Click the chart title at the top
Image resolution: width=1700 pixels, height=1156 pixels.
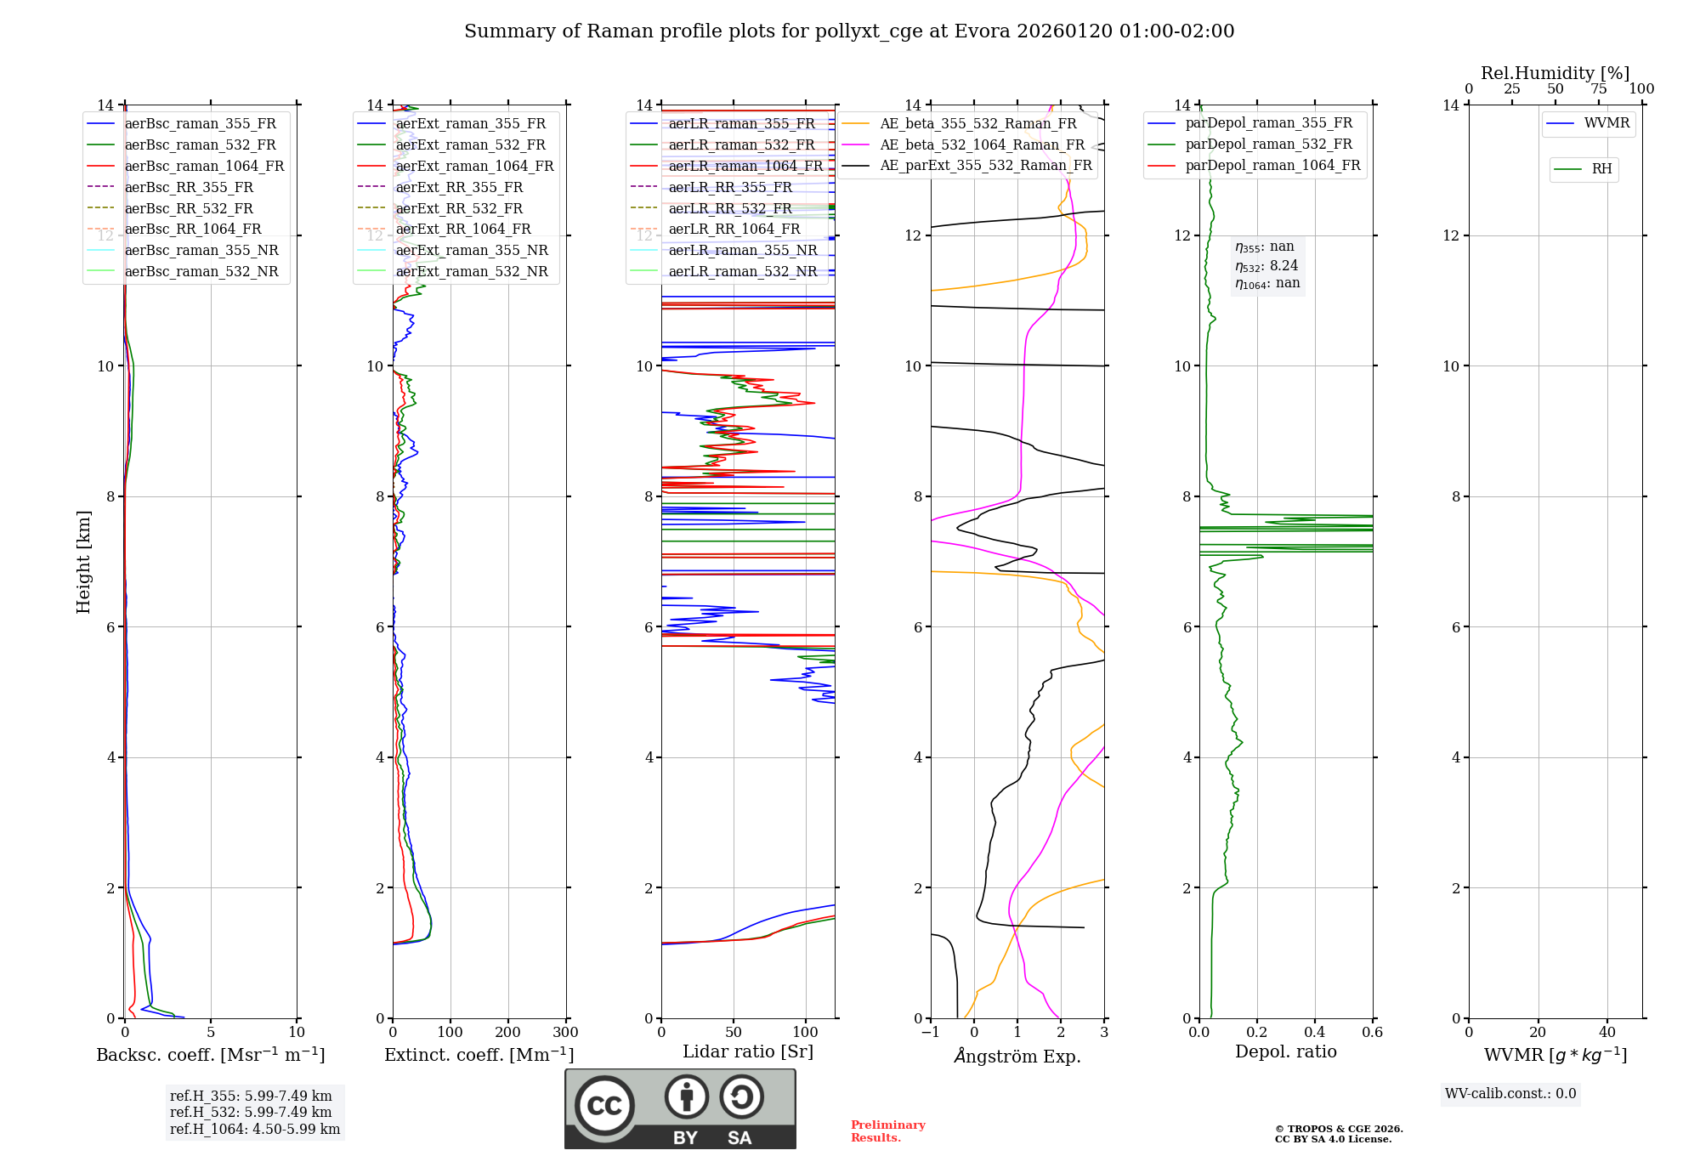pyautogui.click(x=849, y=31)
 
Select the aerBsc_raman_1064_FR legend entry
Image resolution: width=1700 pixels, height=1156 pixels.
pyautogui.click(x=204, y=166)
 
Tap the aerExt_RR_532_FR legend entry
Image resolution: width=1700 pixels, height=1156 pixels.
pyautogui.click(x=459, y=208)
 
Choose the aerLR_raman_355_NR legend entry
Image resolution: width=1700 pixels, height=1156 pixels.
pyautogui.click(x=742, y=250)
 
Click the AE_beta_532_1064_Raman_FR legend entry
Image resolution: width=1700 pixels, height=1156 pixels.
pyautogui.click(x=982, y=144)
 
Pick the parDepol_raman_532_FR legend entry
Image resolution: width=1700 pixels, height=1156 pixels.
pyautogui.click(x=1268, y=144)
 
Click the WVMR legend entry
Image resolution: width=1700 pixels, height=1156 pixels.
pyautogui.click(x=1606, y=123)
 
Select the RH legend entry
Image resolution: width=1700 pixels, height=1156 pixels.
pyautogui.click(x=1601, y=169)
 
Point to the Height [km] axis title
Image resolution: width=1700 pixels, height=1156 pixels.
pyautogui.click(x=83, y=561)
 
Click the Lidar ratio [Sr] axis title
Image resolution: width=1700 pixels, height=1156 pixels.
pyautogui.click(x=748, y=1051)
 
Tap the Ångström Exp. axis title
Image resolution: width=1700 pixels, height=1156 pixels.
pyautogui.click(x=1017, y=1056)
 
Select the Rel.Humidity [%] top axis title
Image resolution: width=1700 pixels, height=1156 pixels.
pyautogui.click(x=1555, y=73)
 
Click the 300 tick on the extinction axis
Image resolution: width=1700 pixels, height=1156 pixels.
pyautogui.click(x=565, y=1033)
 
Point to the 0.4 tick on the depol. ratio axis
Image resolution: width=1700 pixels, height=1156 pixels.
pyautogui.click(x=1314, y=1033)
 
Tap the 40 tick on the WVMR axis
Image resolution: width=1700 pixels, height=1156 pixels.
pyautogui.click(x=1606, y=1033)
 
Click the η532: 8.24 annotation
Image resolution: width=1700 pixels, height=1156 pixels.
pyautogui.click(x=1266, y=265)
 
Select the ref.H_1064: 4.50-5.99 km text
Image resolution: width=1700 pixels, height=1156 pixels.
pyautogui.click(x=255, y=1129)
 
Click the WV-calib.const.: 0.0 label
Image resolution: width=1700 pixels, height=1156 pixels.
pyautogui.click(x=1510, y=1094)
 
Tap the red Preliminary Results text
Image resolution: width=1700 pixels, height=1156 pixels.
pyautogui.click(x=887, y=1131)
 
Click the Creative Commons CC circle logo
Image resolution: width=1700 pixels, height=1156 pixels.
pyautogui.click(x=604, y=1106)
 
